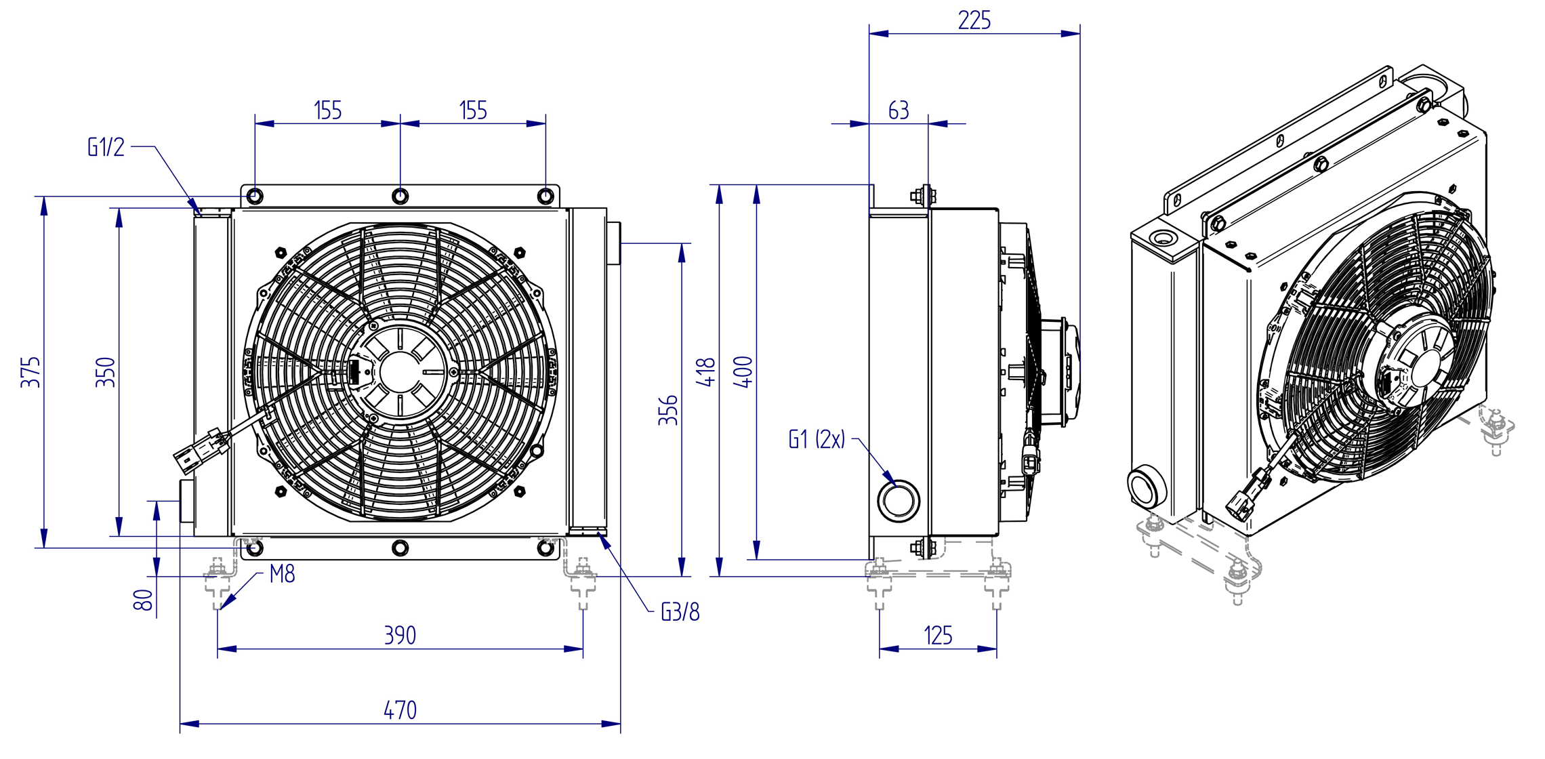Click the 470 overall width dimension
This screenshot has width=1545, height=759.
click(x=400, y=710)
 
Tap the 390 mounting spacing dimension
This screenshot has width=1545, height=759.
click(x=400, y=635)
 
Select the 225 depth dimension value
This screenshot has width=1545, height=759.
click(x=974, y=20)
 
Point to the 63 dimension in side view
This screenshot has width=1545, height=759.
click(x=899, y=110)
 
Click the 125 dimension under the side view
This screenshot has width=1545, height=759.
click(x=939, y=635)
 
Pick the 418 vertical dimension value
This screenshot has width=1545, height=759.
click(x=706, y=372)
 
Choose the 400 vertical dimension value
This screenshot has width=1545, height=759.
click(x=743, y=372)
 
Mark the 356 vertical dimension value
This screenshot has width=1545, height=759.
click(x=668, y=410)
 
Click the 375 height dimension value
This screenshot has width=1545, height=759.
click(x=30, y=372)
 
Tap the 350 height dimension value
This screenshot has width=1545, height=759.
click(x=106, y=372)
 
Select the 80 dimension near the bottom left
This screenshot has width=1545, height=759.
click(x=143, y=600)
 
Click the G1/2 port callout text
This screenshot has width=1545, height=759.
click(x=106, y=147)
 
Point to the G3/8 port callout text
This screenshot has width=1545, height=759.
click(x=680, y=612)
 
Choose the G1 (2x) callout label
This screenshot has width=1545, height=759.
click(x=817, y=439)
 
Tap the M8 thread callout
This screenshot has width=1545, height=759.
click(x=282, y=574)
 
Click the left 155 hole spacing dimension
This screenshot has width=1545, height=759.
click(x=328, y=110)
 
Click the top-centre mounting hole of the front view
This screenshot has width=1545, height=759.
click(x=400, y=197)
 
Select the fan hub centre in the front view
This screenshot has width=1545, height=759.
click(x=400, y=372)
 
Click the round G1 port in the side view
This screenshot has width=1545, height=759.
click(x=899, y=501)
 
